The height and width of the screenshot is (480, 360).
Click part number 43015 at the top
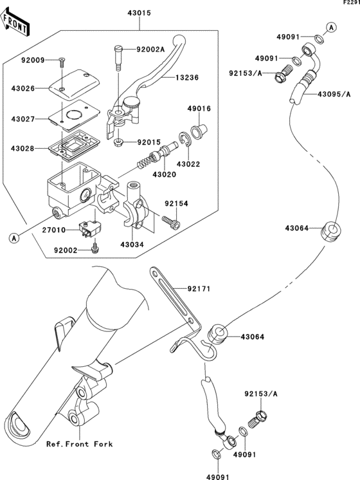[139, 14]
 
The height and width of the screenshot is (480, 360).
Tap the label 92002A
[150, 50]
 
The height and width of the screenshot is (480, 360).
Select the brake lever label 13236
[187, 77]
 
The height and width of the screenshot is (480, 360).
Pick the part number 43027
[23, 119]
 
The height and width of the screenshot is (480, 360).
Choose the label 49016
[199, 109]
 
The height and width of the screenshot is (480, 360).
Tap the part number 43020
[165, 174]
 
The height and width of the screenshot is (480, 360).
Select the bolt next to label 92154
[171, 222]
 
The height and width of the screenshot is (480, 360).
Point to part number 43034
[132, 245]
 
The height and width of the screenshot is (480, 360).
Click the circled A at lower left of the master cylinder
[14, 238]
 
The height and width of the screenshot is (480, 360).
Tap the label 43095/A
[334, 95]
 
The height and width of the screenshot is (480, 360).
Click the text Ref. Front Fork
[80, 444]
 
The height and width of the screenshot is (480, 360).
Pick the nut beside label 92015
[118, 142]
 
